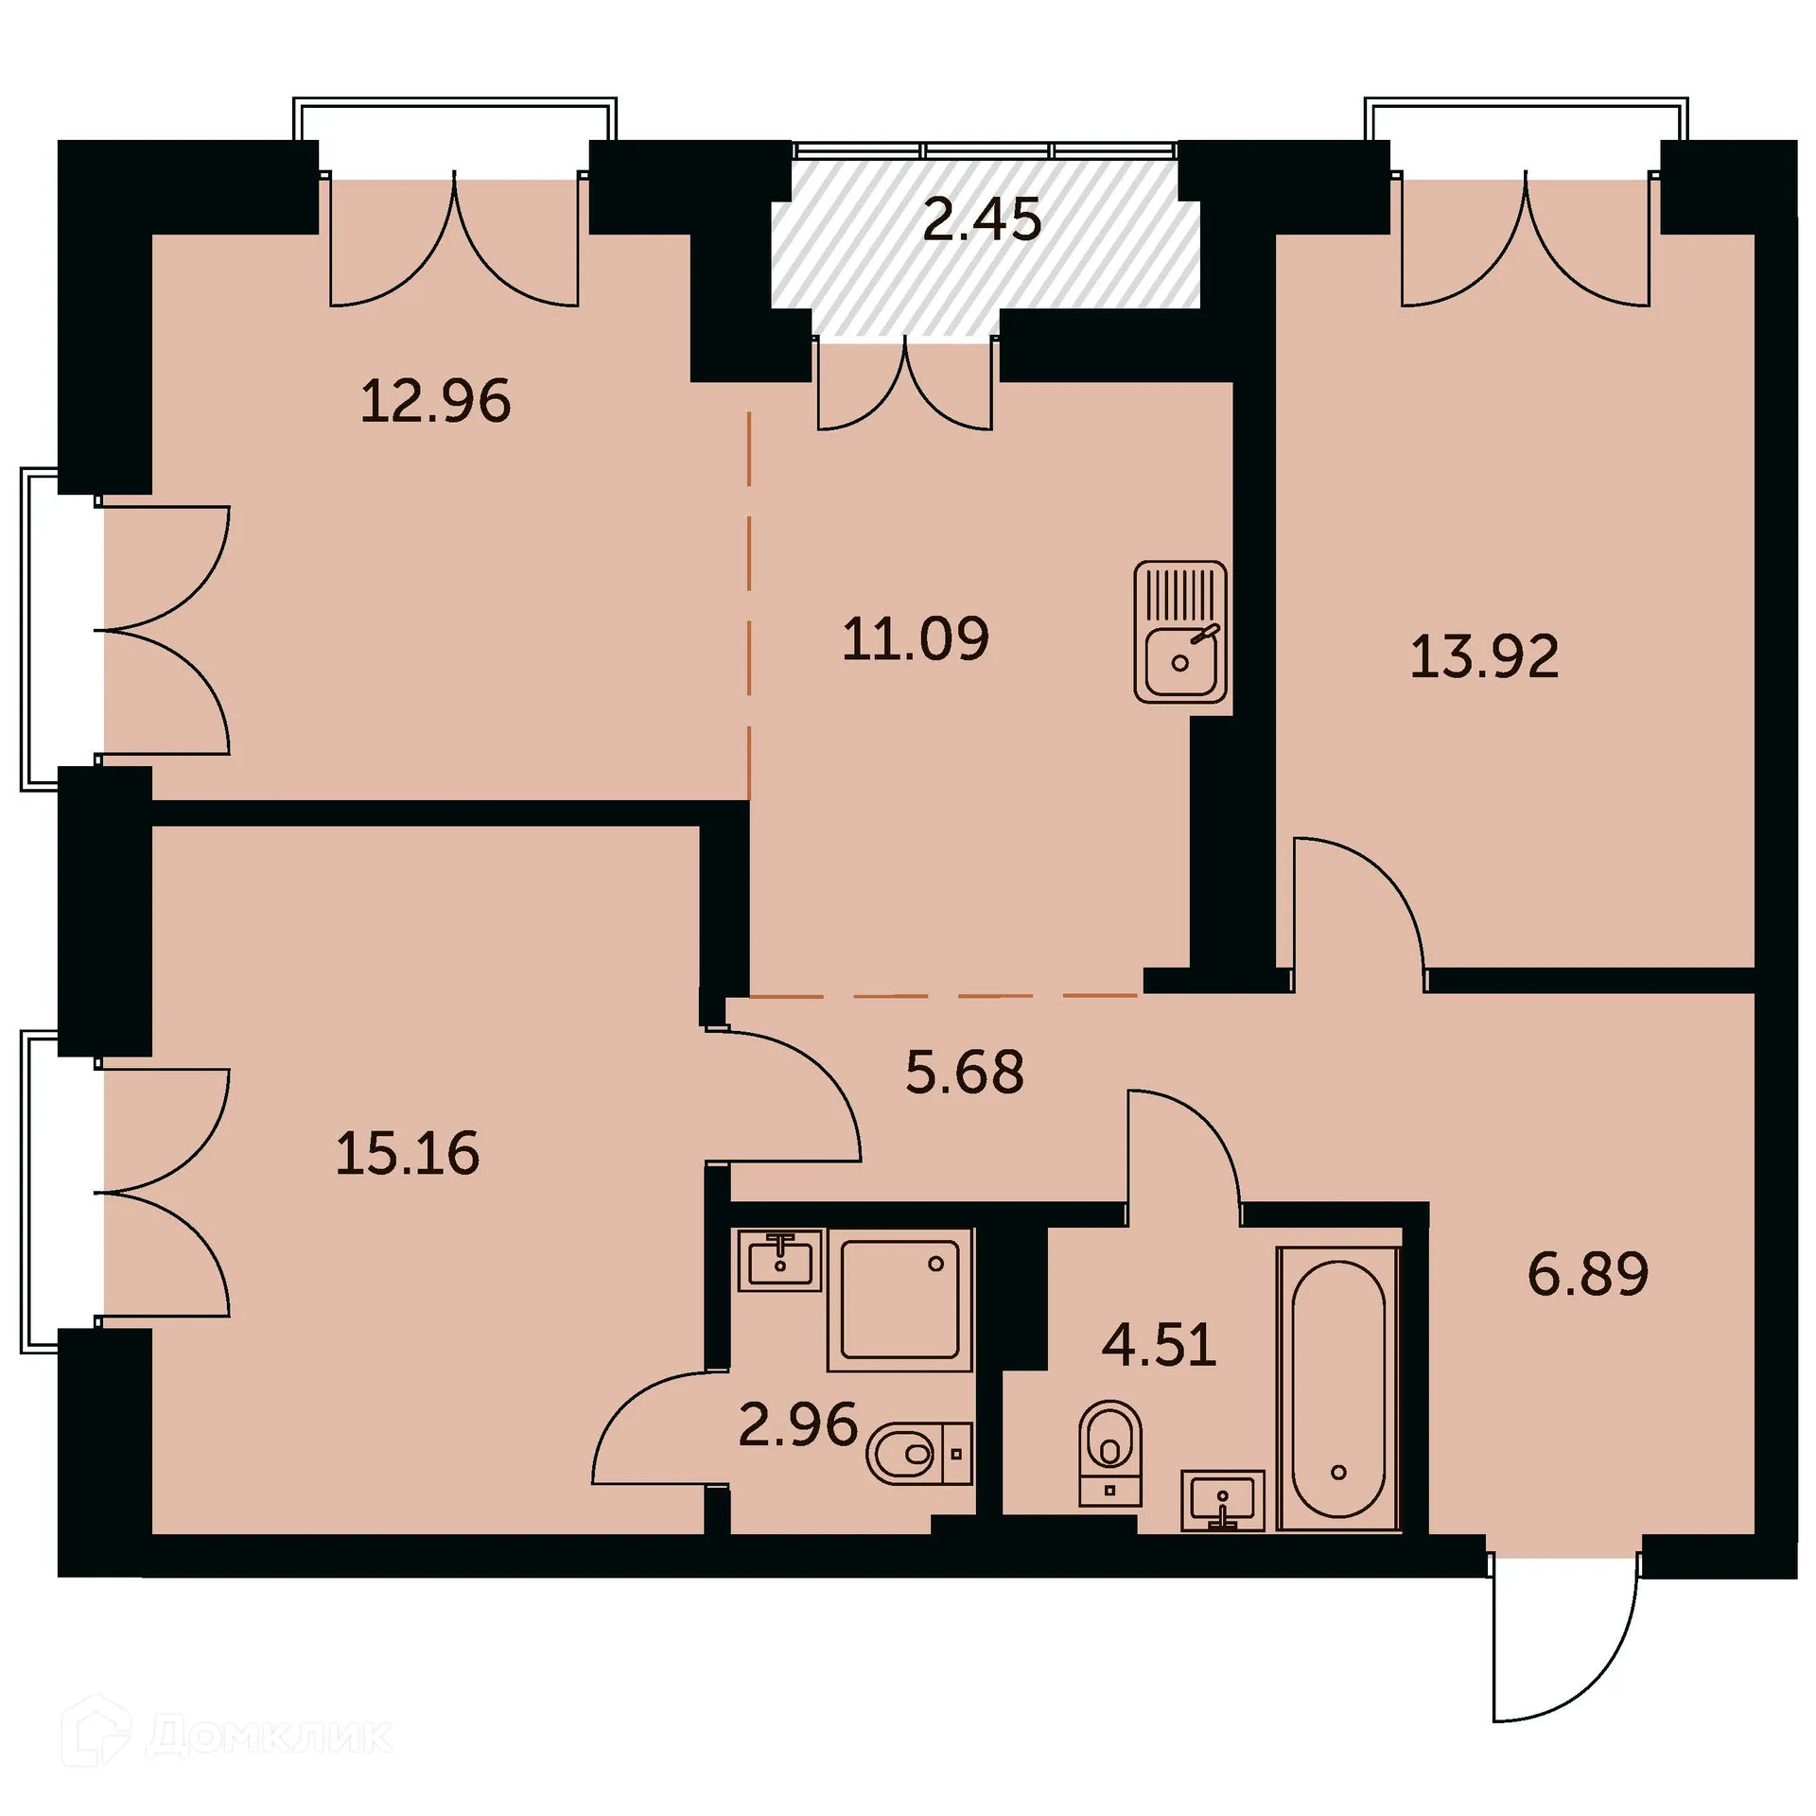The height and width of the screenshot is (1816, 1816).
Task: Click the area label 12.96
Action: pos(435,401)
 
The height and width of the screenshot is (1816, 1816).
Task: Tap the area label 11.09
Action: pos(915,638)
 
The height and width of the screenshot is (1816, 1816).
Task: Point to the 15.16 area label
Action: pos(408,1154)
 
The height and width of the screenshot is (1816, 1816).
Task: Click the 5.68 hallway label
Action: pos(964,1073)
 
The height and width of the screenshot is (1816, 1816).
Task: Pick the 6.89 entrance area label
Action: pos(1588,1274)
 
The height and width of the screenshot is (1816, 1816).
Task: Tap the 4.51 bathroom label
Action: pos(1159,1345)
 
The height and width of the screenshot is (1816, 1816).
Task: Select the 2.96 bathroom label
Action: pos(797,1425)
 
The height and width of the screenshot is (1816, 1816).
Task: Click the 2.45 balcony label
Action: pos(982,219)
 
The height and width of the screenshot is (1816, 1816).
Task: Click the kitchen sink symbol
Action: pos(1180,632)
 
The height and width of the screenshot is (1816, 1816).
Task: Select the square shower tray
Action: pos(899,1300)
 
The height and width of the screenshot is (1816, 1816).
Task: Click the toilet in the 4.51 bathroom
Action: pos(1110,1452)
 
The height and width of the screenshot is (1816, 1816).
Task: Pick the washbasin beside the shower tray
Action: pos(780,1261)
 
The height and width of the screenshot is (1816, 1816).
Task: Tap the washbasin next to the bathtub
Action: pos(1223,1500)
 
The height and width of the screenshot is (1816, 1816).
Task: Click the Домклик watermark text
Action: pos(270,1737)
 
